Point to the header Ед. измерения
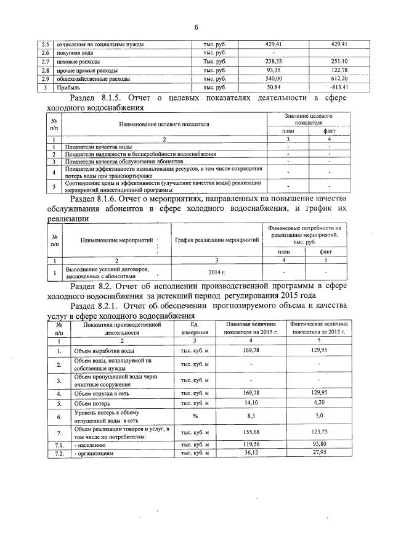point(195,327)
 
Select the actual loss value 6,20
point(319,404)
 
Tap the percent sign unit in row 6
point(195,417)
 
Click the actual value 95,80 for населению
point(319,444)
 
